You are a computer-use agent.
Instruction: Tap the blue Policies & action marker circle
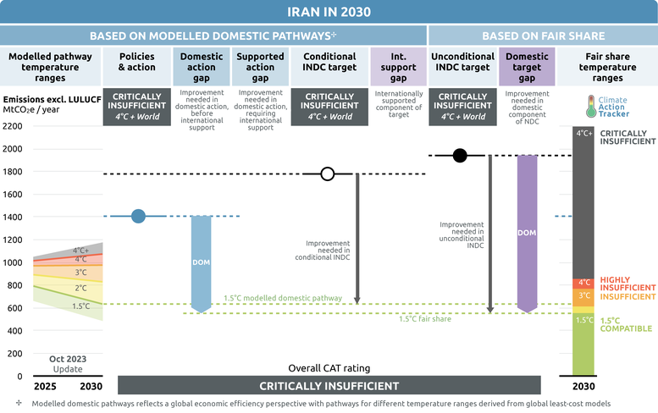pos(139,216)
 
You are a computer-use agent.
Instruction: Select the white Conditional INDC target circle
pos(328,174)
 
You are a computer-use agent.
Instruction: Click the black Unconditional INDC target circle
pos(459,155)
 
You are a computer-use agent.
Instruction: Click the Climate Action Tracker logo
pos(607,106)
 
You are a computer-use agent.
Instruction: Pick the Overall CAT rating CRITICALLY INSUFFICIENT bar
pos(329,386)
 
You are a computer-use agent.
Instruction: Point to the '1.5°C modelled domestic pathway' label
pos(283,298)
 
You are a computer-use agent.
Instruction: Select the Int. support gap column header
pos(395,62)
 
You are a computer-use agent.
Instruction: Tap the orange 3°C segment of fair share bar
pos(583,296)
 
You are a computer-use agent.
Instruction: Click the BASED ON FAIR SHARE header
pos(543,36)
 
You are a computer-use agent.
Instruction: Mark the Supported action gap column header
pos(262,62)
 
